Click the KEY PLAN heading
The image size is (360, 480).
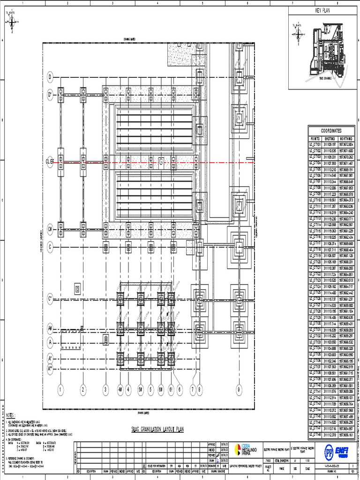(x=323, y=10)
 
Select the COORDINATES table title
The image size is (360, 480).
(x=331, y=131)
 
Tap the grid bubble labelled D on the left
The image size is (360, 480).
(x=51, y=77)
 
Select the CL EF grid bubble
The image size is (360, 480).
(x=50, y=162)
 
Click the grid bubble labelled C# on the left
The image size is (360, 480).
(x=50, y=229)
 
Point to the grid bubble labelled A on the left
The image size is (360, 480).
(x=50, y=342)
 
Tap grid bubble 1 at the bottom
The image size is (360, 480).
(x=60, y=389)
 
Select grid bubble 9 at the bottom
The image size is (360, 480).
(x=239, y=389)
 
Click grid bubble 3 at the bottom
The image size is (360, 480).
(x=105, y=389)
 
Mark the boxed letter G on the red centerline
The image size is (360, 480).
(x=161, y=162)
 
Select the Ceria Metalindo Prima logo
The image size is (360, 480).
(x=243, y=451)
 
